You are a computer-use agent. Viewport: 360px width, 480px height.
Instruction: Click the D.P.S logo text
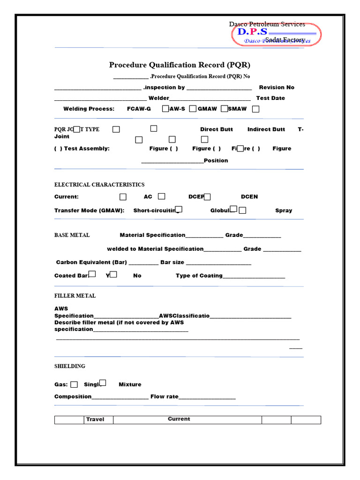[252, 32]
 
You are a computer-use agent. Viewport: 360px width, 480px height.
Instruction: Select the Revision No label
[277, 87]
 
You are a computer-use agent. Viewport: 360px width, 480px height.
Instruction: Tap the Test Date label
[270, 98]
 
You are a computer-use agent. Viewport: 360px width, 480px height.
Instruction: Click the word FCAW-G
[139, 109]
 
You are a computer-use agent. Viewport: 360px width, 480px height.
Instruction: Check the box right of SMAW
[255, 109]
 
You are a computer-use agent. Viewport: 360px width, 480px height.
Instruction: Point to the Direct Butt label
[216, 129]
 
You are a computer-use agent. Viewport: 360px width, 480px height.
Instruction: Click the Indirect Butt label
[266, 129]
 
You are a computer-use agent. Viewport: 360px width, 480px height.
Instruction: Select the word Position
[216, 160]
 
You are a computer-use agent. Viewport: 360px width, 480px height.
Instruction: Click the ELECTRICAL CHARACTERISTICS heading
[99, 185]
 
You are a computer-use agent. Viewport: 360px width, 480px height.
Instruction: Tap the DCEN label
[249, 197]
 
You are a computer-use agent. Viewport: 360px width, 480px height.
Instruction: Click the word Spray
[284, 210]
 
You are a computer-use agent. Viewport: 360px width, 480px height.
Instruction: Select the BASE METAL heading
[72, 235]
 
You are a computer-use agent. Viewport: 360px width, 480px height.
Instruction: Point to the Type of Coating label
[199, 276]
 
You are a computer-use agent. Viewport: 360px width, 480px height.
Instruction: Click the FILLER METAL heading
[75, 296]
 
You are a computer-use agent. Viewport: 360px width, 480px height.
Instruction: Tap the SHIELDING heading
[70, 366]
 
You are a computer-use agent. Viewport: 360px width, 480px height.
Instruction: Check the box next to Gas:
[74, 384]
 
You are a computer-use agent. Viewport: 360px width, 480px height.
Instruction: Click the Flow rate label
[164, 397]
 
